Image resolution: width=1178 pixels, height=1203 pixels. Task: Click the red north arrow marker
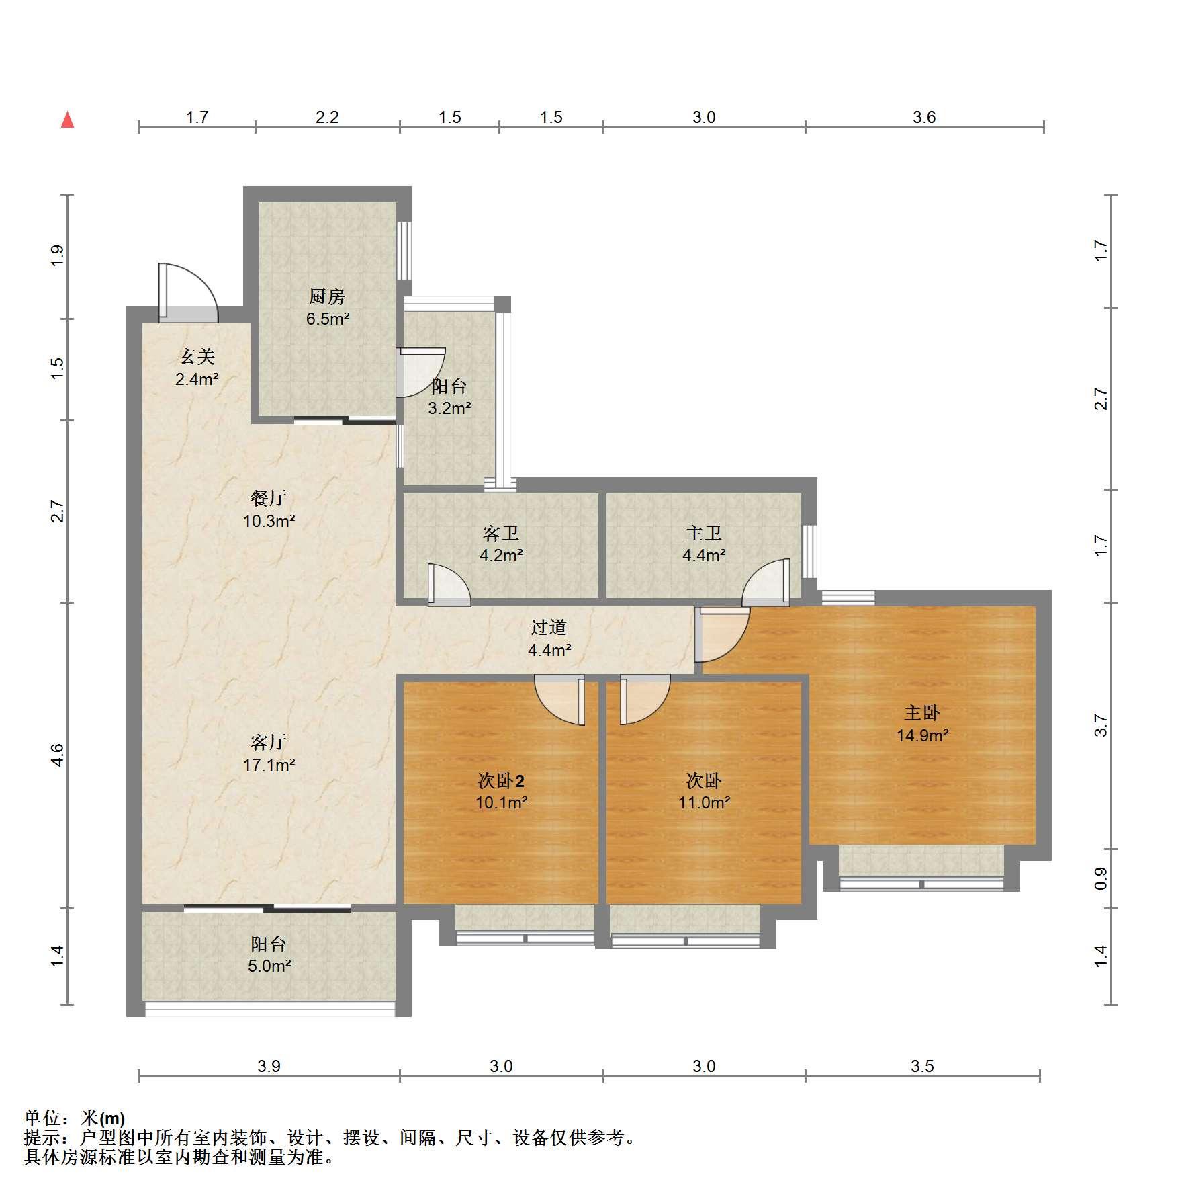point(67,120)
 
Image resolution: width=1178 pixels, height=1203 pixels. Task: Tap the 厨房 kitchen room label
point(327,296)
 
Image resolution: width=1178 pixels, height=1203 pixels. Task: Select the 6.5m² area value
point(328,319)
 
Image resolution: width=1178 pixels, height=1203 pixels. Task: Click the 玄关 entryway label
point(197,357)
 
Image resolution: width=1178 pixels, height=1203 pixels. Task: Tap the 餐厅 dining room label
point(269,498)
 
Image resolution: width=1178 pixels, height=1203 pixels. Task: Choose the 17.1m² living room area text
point(269,764)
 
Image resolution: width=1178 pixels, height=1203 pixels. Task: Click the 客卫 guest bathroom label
point(501,533)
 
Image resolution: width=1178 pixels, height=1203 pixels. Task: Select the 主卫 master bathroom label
point(704,533)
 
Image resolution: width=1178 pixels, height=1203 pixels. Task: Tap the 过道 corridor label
point(549,627)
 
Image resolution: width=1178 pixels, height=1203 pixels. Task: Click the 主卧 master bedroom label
point(922,712)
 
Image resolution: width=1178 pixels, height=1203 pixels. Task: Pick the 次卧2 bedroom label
point(501,780)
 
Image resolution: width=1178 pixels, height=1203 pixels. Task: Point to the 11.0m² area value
point(704,802)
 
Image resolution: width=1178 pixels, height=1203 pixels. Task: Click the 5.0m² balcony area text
point(269,966)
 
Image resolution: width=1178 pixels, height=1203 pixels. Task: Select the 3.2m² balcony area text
point(449,408)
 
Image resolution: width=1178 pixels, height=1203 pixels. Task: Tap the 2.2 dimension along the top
point(327,117)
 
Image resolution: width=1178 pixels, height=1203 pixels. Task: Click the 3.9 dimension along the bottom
point(269,1066)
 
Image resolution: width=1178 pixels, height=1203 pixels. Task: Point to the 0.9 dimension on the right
point(1100,878)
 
